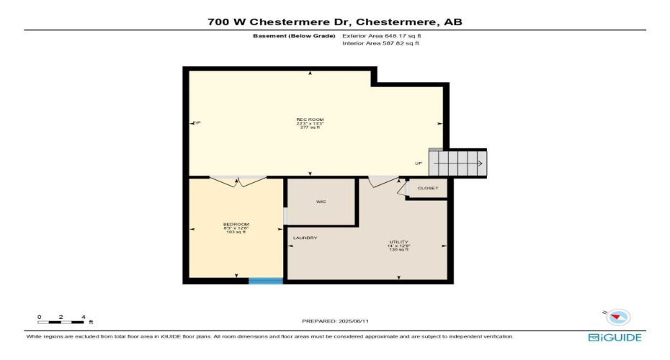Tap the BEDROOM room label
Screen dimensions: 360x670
(x=236, y=224)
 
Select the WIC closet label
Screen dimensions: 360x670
(x=321, y=202)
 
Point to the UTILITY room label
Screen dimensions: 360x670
(x=399, y=242)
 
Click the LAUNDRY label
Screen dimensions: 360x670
(x=305, y=238)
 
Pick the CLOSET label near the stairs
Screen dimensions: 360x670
(x=428, y=189)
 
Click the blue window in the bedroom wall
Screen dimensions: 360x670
(x=266, y=281)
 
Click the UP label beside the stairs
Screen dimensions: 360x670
(x=418, y=163)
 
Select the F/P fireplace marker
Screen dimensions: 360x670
(x=196, y=123)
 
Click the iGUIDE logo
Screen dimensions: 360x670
(x=615, y=337)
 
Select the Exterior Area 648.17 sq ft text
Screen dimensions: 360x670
(x=381, y=35)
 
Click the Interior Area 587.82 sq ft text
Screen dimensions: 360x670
(x=380, y=43)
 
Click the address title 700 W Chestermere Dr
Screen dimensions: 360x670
(x=335, y=22)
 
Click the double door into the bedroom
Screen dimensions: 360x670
(x=237, y=181)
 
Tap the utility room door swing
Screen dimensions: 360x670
(x=380, y=183)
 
